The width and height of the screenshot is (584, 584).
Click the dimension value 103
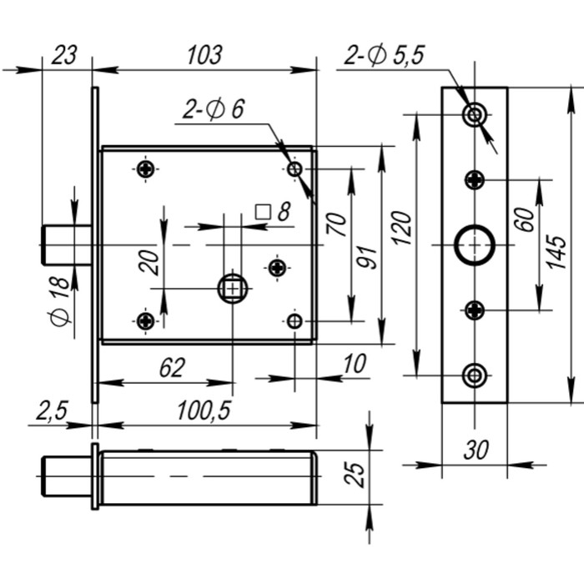(x=204, y=55)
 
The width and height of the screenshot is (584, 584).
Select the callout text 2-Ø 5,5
(x=385, y=55)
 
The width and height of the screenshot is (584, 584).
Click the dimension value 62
(x=170, y=368)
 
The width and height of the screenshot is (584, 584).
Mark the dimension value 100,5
(x=203, y=410)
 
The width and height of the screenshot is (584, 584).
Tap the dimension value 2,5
(x=52, y=410)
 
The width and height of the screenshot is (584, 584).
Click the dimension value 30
(x=475, y=451)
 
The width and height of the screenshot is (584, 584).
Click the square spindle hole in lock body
(x=231, y=289)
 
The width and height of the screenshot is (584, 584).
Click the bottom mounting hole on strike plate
(x=475, y=375)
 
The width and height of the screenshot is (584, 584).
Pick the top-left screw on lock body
(x=146, y=169)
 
